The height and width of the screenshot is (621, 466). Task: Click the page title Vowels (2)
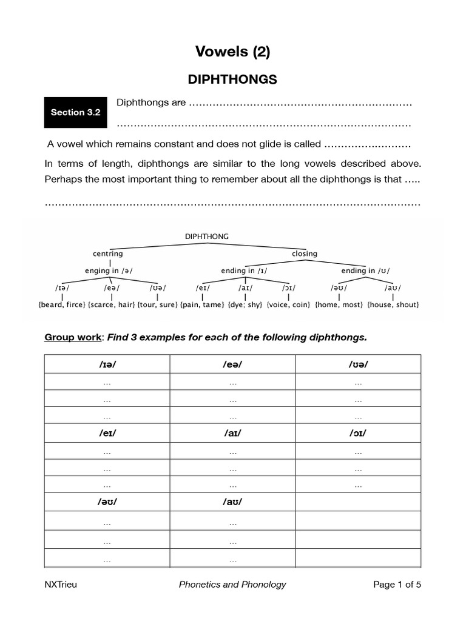click(232, 52)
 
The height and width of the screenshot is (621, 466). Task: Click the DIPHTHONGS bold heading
click(232, 79)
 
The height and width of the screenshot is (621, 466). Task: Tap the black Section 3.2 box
click(75, 112)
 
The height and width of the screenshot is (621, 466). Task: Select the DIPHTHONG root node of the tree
click(206, 237)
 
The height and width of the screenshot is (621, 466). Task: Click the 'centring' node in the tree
click(108, 253)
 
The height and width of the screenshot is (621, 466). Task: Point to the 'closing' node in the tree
click(305, 253)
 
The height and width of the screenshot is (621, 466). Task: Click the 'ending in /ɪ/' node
click(245, 270)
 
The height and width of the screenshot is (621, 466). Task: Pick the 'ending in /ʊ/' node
click(365, 270)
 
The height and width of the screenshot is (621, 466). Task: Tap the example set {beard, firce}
click(62, 304)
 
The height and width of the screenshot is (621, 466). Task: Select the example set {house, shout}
click(393, 304)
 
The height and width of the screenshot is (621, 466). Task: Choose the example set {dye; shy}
click(246, 304)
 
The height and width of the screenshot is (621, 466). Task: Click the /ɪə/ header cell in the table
click(107, 364)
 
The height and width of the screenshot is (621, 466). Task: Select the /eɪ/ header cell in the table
click(107, 434)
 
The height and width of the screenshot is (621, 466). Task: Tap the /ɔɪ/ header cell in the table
click(358, 434)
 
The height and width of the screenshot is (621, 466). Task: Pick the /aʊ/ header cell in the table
click(232, 503)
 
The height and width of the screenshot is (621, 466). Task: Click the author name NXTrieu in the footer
click(61, 585)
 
